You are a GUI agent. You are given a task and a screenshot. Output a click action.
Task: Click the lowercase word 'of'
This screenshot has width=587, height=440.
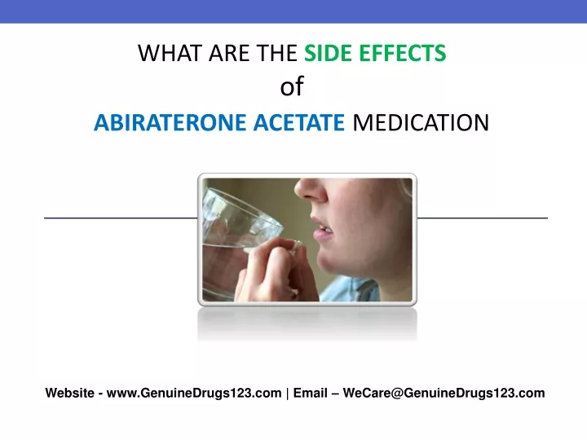point(292,87)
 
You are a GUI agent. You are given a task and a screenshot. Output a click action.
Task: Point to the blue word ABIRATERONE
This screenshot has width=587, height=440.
point(170,122)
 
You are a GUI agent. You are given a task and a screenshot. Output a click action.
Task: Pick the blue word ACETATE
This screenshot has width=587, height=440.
point(298,122)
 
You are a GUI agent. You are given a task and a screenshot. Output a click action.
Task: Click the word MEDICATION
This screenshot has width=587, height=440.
point(421,122)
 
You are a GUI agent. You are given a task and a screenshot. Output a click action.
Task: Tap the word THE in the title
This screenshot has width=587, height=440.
point(276,53)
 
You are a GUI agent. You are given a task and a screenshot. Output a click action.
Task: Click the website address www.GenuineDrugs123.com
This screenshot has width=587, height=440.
point(194,394)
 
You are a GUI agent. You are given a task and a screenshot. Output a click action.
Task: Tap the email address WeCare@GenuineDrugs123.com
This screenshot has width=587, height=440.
point(444,394)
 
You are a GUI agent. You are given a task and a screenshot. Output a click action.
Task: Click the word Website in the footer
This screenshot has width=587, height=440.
point(69,394)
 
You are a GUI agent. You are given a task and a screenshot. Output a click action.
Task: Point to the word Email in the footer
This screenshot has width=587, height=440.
point(310,394)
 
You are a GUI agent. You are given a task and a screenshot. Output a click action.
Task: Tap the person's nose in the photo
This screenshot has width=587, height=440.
point(311,190)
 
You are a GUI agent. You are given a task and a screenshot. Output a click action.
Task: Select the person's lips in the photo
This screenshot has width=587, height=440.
point(322,229)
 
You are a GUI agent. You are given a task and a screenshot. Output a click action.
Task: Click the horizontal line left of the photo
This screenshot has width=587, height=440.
point(121,218)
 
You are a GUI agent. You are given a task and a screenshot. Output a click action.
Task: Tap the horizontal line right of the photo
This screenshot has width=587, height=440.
point(482,218)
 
